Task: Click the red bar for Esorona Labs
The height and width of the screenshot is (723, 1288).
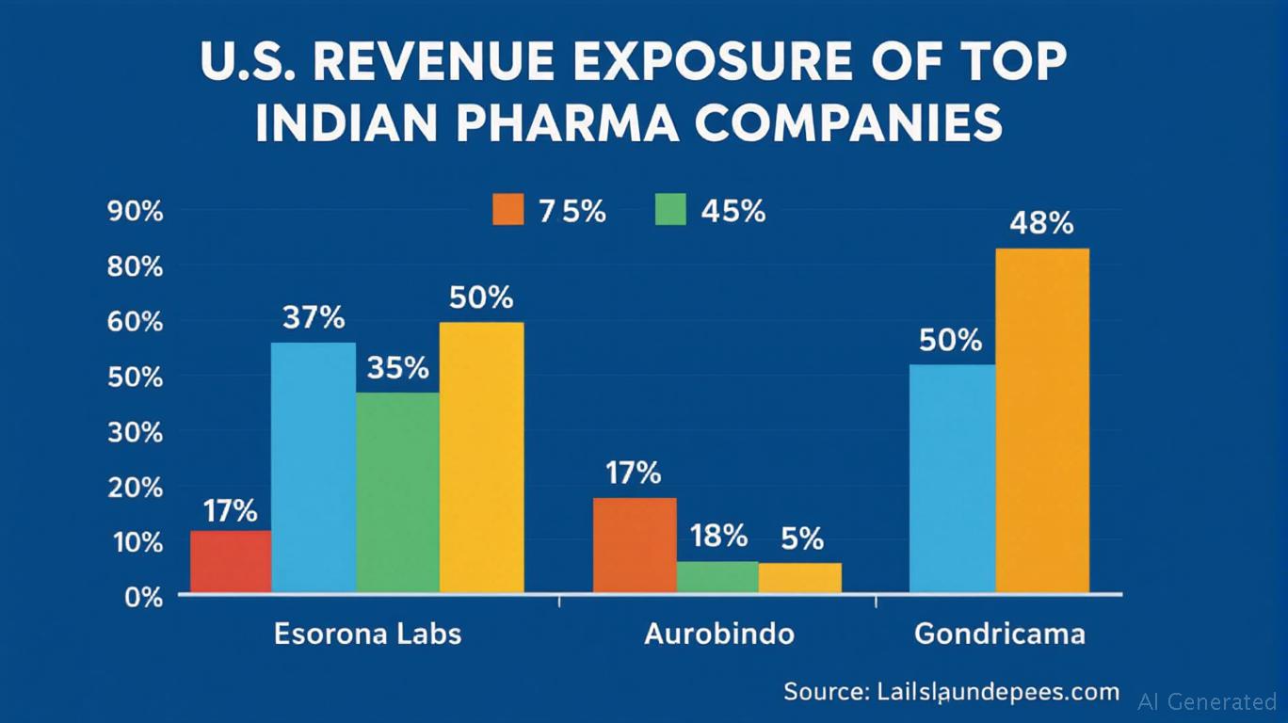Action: [x=231, y=562]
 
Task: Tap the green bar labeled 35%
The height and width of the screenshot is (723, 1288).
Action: [x=397, y=492]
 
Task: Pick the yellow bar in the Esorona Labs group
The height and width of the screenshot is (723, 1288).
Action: [x=481, y=458]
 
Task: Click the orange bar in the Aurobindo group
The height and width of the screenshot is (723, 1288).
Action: [x=634, y=545]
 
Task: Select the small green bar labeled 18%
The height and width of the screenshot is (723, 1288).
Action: [x=717, y=577]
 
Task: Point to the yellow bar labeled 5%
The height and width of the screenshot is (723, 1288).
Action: [x=800, y=578]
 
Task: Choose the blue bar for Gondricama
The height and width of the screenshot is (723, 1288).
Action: [x=952, y=478]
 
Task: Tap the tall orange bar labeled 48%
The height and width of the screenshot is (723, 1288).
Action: [x=1042, y=421]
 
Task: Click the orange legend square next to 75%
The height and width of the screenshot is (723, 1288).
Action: [x=507, y=210]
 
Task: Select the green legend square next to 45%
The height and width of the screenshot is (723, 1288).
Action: [x=669, y=210]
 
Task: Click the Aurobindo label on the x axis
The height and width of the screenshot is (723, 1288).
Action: [x=718, y=634]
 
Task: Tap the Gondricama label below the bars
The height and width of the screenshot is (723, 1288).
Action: [x=999, y=634]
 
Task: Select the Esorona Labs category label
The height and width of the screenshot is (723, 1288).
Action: [x=368, y=634]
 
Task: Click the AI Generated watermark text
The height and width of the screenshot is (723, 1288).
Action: [x=1207, y=701]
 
